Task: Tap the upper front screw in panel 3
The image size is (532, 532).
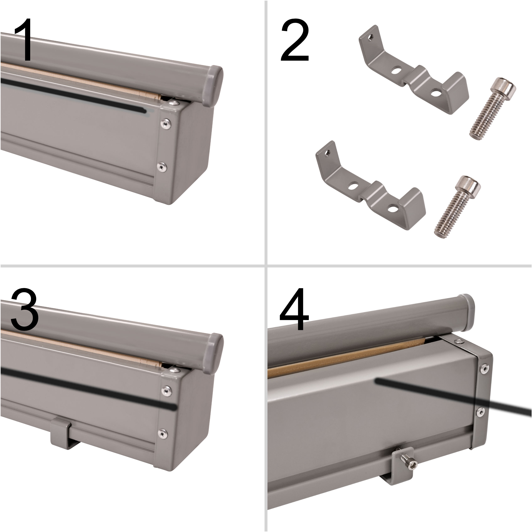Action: pyautogui.click(x=166, y=390)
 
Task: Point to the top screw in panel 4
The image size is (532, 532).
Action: pyautogui.click(x=458, y=342)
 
